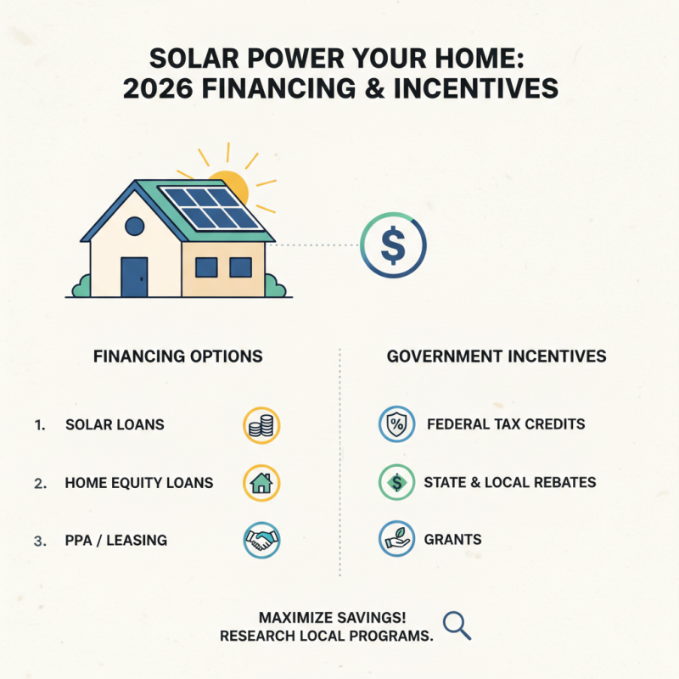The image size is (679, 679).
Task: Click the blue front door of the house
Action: (x=134, y=276)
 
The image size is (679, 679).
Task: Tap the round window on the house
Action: (x=134, y=226)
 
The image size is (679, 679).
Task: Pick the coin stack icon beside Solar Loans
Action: (x=261, y=425)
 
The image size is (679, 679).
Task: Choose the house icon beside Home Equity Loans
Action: (x=261, y=483)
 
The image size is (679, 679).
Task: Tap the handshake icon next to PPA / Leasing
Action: (x=261, y=540)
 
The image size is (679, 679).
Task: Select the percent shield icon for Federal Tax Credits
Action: (x=396, y=424)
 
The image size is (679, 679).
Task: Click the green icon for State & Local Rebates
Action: (x=396, y=483)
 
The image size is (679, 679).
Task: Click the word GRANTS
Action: (x=453, y=540)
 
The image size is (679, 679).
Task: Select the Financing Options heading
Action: (x=177, y=356)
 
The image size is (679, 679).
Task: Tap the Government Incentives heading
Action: (x=497, y=356)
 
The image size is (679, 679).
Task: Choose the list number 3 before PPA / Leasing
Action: (x=39, y=540)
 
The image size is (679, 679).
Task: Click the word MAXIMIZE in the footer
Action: (x=293, y=617)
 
